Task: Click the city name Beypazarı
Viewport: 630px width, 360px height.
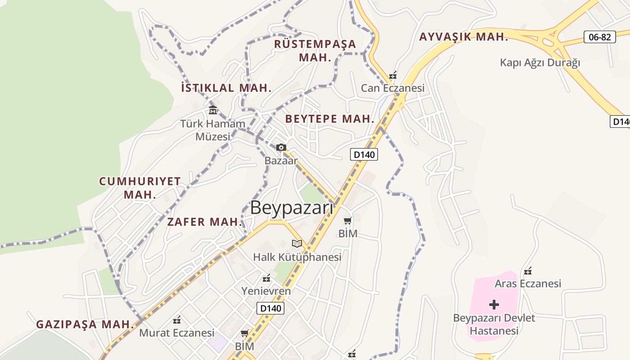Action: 292,208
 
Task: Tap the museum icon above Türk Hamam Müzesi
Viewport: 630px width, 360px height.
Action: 213,110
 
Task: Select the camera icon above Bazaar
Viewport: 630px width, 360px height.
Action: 281,147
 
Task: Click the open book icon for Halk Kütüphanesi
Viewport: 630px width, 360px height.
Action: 297,243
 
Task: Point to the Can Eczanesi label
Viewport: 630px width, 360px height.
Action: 392,88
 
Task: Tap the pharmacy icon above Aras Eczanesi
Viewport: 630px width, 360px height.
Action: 528,271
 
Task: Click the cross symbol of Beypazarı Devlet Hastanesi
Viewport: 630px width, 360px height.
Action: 494,305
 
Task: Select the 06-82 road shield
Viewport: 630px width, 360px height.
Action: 599,37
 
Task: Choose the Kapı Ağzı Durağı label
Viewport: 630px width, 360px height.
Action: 540,63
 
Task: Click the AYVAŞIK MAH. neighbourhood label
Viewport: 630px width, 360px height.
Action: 463,37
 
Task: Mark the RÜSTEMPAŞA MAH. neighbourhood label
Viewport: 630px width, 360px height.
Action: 315,50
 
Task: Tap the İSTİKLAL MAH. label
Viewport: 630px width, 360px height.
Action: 226,88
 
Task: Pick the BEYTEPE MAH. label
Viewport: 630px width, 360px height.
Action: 330,119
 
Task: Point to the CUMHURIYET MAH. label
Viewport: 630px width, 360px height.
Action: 140,188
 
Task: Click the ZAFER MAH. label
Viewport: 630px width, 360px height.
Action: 205,222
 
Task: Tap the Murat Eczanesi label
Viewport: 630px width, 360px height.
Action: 177,333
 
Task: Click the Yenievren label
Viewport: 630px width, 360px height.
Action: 266,291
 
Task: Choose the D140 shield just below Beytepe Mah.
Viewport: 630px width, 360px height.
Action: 364,154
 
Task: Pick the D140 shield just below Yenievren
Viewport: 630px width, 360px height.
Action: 270,308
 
